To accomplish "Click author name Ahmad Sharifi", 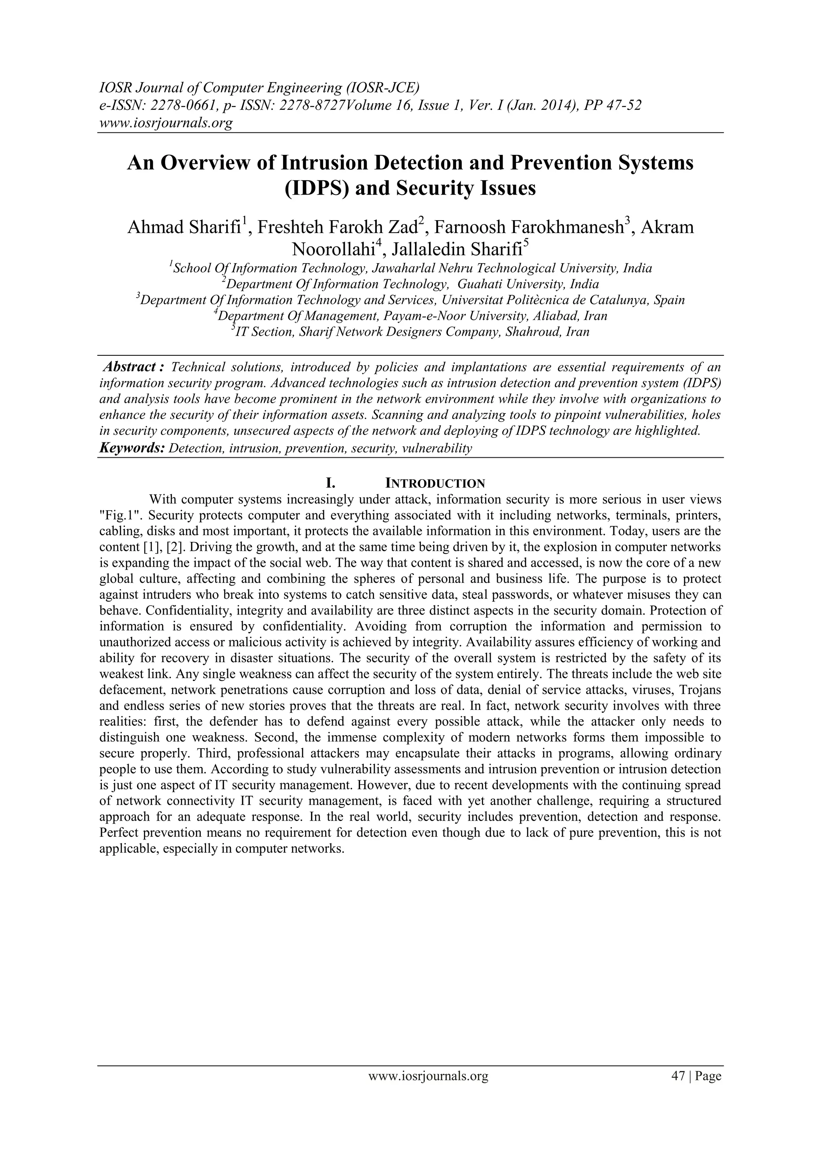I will [184, 227].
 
